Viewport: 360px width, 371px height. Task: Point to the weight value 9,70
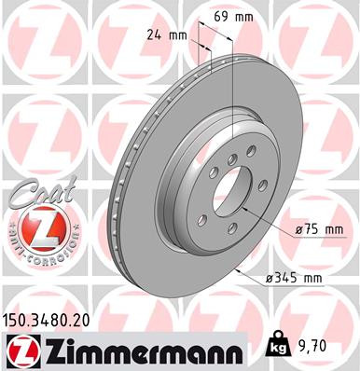(314, 344)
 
